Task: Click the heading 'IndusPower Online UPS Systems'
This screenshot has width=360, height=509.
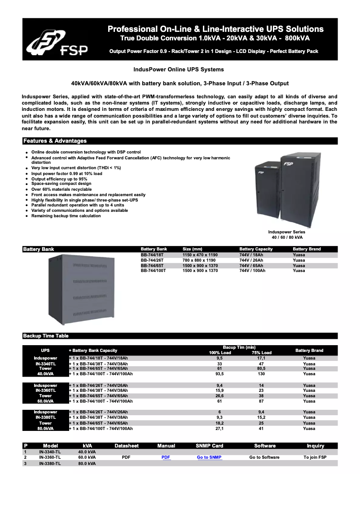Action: pyautogui.click(x=179, y=70)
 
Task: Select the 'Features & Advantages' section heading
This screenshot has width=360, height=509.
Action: pyautogui.click(x=55, y=141)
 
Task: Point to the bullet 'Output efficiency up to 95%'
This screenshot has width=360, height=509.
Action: pyautogui.click(x=59, y=179)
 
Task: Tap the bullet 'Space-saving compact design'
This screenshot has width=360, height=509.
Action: pyautogui.click(x=61, y=184)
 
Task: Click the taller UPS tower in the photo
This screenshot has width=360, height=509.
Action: pyautogui.click(x=301, y=191)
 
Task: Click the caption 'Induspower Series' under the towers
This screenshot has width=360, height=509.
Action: pyautogui.click(x=287, y=232)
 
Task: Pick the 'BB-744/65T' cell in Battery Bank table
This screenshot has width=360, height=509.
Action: pyautogui.click(x=152, y=266)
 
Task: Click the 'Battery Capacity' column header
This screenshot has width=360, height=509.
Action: pyautogui.click(x=256, y=249)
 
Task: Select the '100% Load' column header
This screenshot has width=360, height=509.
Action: pyautogui.click(x=220, y=353)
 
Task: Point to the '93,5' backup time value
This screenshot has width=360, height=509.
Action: pyautogui.click(x=220, y=374)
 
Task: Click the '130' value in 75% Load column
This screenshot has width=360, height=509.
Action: pyautogui.click(x=261, y=374)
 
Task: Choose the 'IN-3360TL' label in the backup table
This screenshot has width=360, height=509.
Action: pyautogui.click(x=45, y=391)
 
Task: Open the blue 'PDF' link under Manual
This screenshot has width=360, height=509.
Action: pyautogui.click(x=166, y=457)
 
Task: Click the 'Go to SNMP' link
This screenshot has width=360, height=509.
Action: pyautogui.click(x=209, y=457)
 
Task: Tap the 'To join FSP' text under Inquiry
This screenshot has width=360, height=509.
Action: pyautogui.click(x=315, y=457)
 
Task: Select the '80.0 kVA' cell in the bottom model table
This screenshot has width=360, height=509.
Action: pyautogui.click(x=87, y=463)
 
